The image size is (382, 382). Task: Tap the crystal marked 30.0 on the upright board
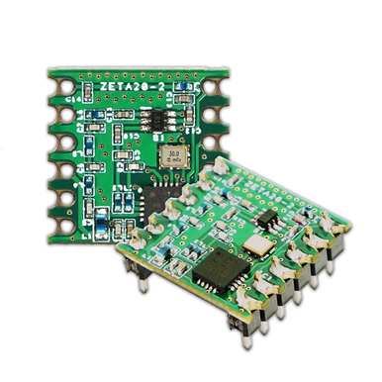pos(174,155)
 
